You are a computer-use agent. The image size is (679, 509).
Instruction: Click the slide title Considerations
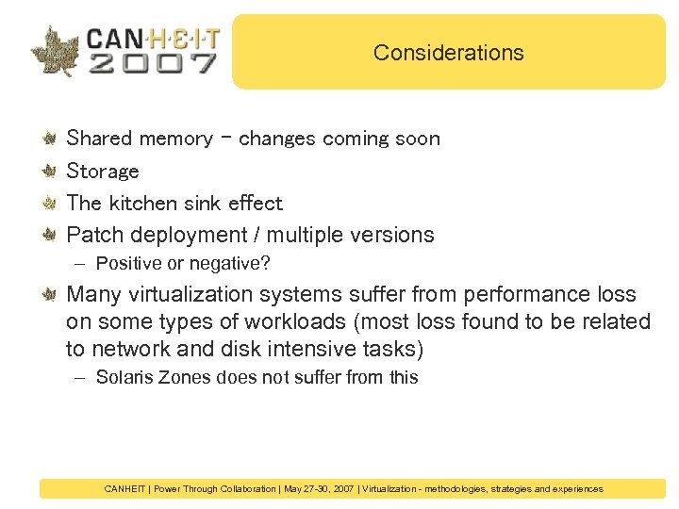[448, 53]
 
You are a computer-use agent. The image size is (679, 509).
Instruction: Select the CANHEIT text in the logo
[153, 38]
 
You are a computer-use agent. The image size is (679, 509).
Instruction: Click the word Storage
[103, 171]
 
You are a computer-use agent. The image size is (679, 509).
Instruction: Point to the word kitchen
[139, 203]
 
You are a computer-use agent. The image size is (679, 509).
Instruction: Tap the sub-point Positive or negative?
[183, 262]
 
